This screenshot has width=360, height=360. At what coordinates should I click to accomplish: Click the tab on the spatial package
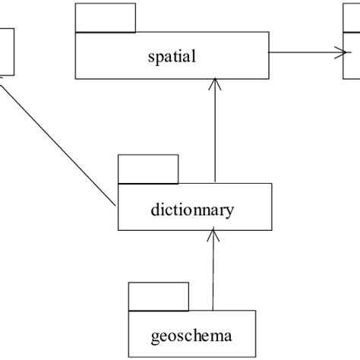[106, 17]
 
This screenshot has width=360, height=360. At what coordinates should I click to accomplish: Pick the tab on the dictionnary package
[148, 169]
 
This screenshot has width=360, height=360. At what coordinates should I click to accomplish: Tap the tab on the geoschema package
[159, 295]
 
